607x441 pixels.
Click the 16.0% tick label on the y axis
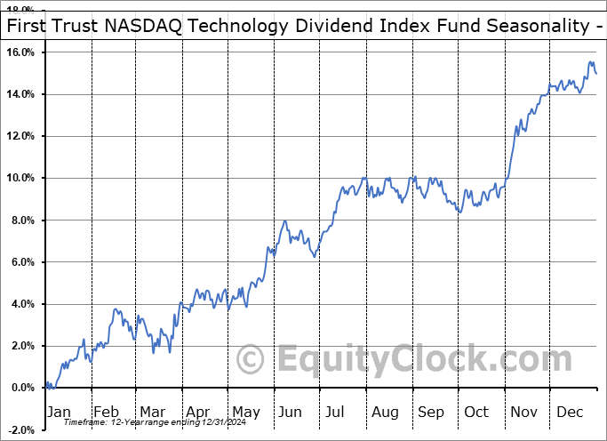[x=21, y=52]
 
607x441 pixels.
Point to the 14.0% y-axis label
[x=21, y=94]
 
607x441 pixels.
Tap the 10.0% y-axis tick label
[x=21, y=178]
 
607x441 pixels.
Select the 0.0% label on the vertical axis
[x=24, y=388]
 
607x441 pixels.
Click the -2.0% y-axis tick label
[x=22, y=429]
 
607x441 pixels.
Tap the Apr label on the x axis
[x=197, y=412]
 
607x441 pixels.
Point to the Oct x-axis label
[x=477, y=412]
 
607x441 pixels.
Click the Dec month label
[x=571, y=412]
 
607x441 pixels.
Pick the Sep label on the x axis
[x=430, y=412]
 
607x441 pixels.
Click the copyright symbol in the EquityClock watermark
[x=252, y=360]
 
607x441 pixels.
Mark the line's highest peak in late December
[x=590, y=62]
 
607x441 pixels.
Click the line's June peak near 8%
[x=284, y=221]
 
